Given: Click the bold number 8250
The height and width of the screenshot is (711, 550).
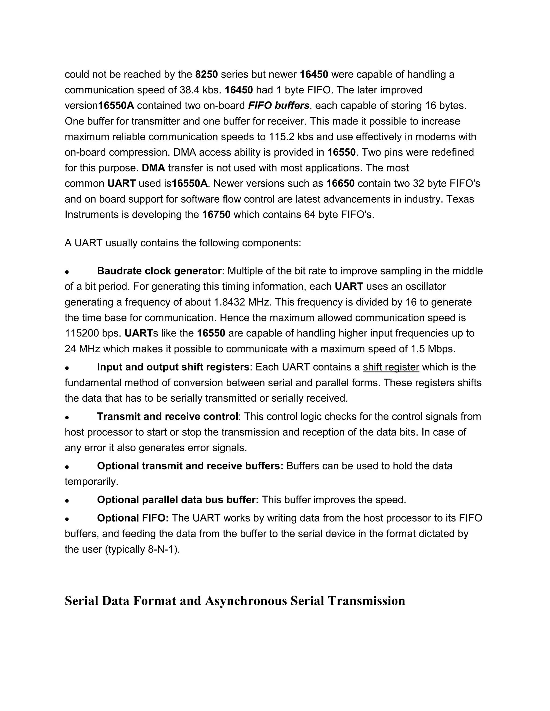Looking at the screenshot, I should [x=206, y=75].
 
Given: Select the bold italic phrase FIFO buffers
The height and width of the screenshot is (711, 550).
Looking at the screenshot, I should [x=278, y=106].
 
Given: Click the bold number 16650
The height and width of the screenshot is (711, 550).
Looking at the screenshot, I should [x=340, y=184].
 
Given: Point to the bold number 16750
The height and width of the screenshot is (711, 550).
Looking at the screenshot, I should [x=216, y=215].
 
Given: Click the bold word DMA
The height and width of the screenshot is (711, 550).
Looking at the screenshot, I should [x=153, y=168].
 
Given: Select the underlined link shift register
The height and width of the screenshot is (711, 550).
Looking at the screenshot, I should [x=391, y=367].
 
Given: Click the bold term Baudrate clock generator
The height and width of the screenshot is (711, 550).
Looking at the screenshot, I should [x=159, y=271].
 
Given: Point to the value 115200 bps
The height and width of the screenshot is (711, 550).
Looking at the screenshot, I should [x=93, y=333].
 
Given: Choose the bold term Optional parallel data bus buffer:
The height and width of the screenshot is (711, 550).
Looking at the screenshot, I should [x=178, y=500].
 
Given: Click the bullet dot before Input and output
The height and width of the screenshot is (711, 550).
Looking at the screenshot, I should [x=67, y=368].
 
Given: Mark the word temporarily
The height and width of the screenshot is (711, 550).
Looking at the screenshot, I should [x=91, y=482].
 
